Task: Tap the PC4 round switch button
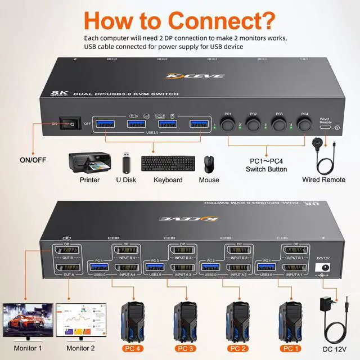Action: click(304, 125)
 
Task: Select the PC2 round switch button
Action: click(253, 125)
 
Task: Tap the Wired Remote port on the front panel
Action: click(326, 128)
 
